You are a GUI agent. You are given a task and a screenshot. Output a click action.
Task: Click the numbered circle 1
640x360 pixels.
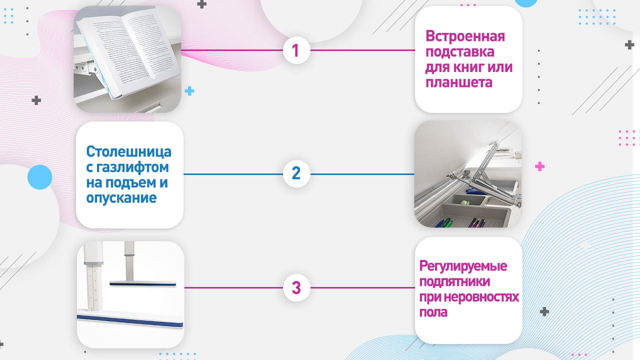pyautogui.click(x=295, y=50)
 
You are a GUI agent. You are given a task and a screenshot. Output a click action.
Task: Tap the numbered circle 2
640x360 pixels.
pyautogui.click(x=296, y=173)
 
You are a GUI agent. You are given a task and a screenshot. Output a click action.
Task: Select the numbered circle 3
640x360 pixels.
pyautogui.click(x=296, y=288)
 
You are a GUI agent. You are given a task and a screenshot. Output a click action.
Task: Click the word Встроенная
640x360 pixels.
pyautogui.click(x=465, y=36)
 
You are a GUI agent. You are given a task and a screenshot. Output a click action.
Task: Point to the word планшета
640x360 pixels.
pyautogui.click(x=459, y=82)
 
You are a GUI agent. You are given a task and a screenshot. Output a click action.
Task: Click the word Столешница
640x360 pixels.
pyautogui.click(x=128, y=151)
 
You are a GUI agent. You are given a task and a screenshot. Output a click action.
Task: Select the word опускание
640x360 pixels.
pyautogui.click(x=121, y=198)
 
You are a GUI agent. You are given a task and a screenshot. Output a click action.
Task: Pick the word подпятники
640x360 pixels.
pyautogui.click(x=454, y=281)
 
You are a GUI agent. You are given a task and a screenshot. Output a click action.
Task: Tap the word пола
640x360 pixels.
pyautogui.click(x=433, y=312)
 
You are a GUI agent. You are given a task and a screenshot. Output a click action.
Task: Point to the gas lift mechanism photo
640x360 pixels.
pyautogui.click(x=468, y=174)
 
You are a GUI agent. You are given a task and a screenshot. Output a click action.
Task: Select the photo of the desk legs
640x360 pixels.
pyautogui.click(x=130, y=294)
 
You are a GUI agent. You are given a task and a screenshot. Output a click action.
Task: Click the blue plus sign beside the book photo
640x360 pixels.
pyautogui.click(x=189, y=91)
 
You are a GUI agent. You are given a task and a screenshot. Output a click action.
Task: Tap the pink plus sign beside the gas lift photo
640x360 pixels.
pyautogui.click(x=539, y=166)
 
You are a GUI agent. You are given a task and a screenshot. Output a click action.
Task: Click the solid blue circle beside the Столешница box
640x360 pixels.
pyautogui.click(x=40, y=177)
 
